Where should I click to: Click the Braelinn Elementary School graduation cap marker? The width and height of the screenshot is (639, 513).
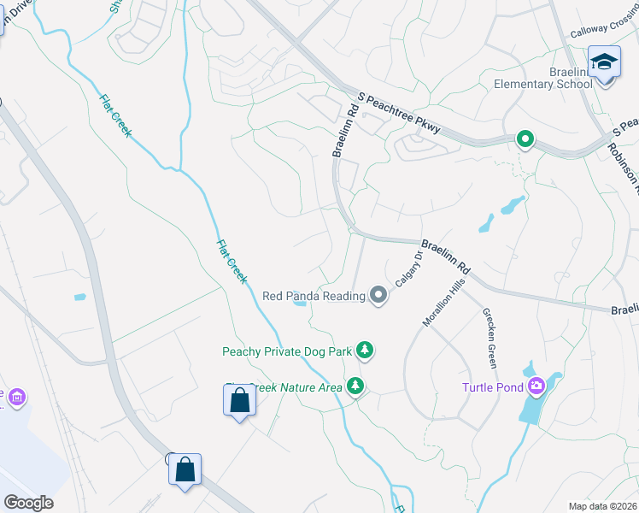click(x=604, y=63)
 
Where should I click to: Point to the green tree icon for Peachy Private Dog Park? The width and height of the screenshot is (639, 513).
click(x=365, y=350)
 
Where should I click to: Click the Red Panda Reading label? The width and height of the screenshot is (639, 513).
click(x=314, y=296)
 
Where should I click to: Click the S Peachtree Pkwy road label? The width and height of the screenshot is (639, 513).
click(x=400, y=115)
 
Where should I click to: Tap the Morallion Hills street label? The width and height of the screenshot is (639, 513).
click(x=443, y=306)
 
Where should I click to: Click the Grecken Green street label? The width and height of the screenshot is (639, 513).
click(x=490, y=336)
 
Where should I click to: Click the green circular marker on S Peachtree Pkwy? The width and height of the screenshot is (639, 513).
click(x=525, y=139)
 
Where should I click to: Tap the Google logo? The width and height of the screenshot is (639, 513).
click(x=28, y=503)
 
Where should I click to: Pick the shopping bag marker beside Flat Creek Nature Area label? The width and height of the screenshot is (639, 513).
click(x=239, y=400)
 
